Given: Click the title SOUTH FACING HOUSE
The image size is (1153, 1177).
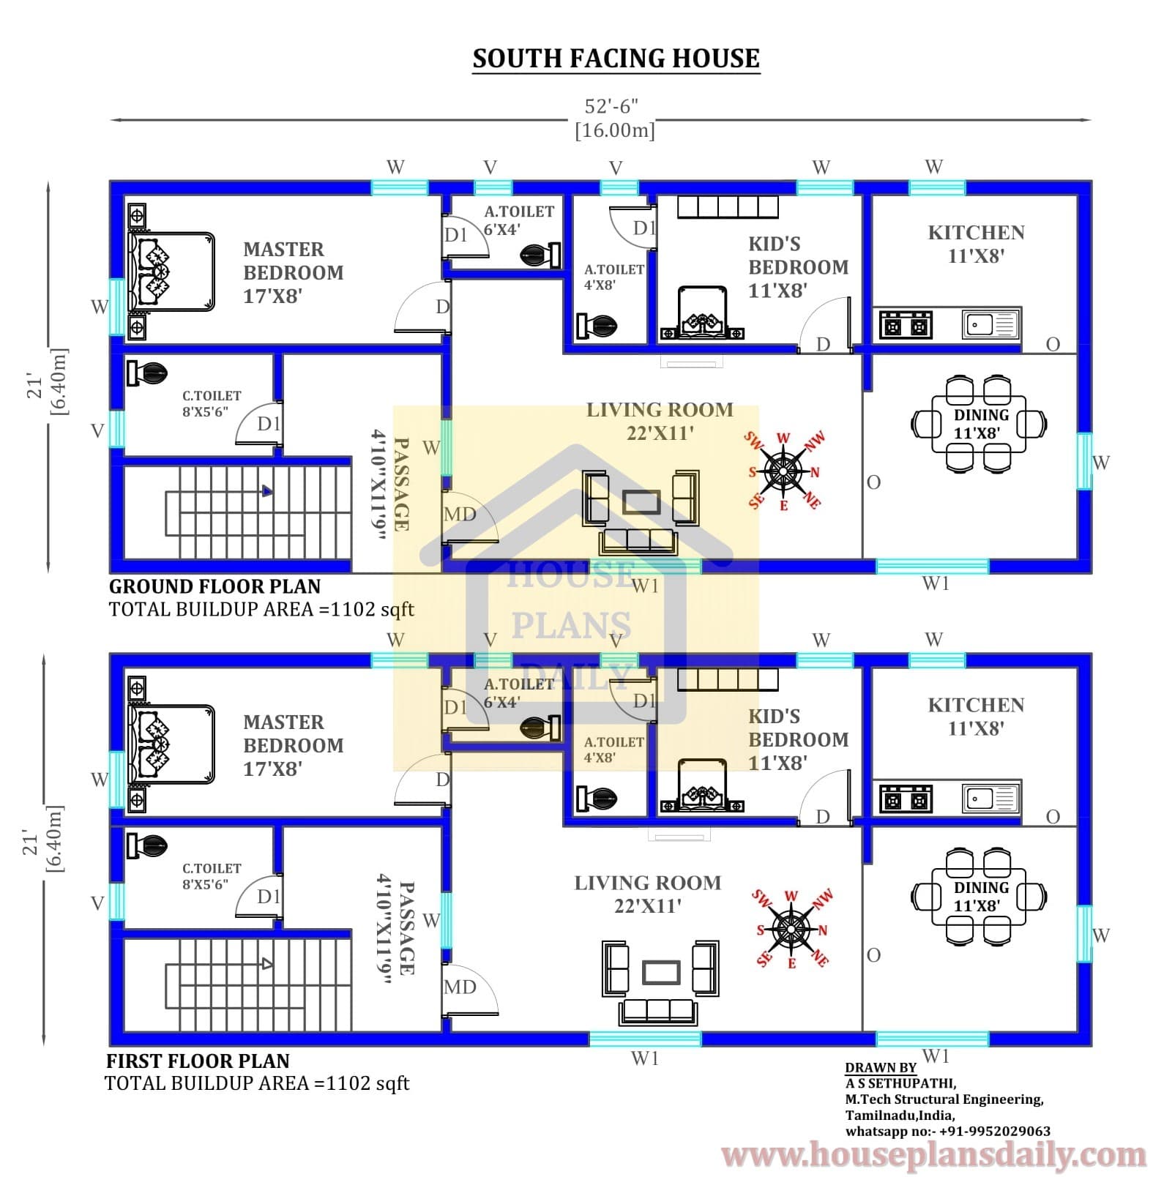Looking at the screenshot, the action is click(x=616, y=59).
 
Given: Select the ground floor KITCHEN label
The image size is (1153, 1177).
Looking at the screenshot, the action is click(x=976, y=233).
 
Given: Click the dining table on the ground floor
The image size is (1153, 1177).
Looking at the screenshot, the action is click(x=980, y=424).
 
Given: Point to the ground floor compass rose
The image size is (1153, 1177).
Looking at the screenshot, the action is click(x=783, y=471).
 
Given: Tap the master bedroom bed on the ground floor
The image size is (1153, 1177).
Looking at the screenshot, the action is click(x=171, y=272).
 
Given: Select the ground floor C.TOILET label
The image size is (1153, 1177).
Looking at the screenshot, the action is click(x=212, y=395).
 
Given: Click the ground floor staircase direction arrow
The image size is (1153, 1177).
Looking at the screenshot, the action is click(x=267, y=491).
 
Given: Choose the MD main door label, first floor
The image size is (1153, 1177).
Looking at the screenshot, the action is click(x=460, y=987).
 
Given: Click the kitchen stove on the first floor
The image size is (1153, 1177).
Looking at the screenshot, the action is click(x=906, y=798).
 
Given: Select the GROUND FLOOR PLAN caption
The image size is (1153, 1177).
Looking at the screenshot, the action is click(x=214, y=586).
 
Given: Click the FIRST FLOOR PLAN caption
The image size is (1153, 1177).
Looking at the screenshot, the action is click(x=198, y=1061).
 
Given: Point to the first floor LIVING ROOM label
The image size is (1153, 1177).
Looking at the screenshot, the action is click(x=647, y=883).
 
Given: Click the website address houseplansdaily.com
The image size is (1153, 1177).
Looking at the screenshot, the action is click(x=933, y=1154).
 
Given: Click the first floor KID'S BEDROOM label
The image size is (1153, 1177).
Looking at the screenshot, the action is click(x=798, y=728).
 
